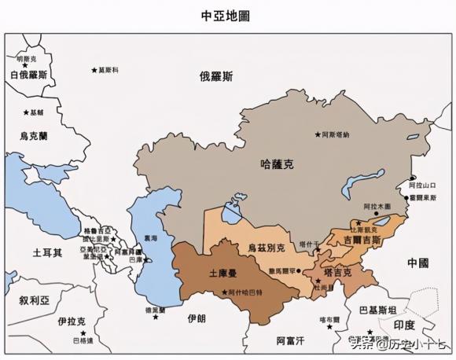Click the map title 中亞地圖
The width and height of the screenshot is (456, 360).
coord(228,15)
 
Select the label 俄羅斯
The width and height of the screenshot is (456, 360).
coord(216,76)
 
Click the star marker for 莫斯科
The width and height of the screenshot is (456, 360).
coord(94,70)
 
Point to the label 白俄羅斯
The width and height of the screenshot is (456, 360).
coord(29,75)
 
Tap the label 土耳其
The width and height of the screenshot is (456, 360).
coord(47,253)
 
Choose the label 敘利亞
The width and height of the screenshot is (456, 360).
coord(35,300)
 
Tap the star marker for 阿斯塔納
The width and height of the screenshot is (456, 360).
coord(318,134)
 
